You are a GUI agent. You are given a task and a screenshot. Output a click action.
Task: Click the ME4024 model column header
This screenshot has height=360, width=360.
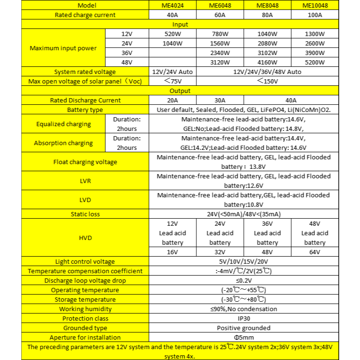click(x=173, y=5)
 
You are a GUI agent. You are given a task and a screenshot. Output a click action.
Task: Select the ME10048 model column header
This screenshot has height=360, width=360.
click(x=315, y=5)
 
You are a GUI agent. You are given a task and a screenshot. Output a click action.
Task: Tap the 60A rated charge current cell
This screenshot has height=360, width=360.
click(x=220, y=15)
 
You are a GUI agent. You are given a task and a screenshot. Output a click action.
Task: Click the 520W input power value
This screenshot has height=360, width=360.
click(x=173, y=34)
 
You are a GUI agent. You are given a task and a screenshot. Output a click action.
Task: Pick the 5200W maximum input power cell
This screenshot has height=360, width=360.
click(x=315, y=63)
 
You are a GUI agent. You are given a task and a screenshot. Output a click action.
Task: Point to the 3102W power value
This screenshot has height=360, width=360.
click(x=268, y=53)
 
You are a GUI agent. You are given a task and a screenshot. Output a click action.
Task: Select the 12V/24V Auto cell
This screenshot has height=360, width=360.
click(x=173, y=72)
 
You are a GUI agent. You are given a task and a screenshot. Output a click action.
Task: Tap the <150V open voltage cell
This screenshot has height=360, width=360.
click(x=268, y=81)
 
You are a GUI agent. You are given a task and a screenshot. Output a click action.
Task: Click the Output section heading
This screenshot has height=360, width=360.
click(x=180, y=91)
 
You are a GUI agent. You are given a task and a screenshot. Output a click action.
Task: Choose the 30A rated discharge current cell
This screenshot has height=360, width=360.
click(x=220, y=100)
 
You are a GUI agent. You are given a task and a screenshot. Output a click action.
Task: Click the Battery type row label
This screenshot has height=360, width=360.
click(x=85, y=110)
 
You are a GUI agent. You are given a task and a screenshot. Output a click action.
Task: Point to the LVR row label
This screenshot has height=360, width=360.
click(x=85, y=181)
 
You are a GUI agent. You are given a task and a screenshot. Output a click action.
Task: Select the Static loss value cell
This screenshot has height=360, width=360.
click(x=244, y=214)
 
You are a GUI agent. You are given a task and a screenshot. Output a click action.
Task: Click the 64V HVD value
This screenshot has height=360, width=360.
click(x=315, y=252)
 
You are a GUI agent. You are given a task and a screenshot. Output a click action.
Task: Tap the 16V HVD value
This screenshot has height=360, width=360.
click(x=173, y=252)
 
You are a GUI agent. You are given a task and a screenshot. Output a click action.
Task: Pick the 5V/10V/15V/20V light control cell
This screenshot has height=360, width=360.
click(x=244, y=261)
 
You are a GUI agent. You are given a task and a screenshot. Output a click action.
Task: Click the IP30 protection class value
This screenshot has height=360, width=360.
click(x=244, y=318)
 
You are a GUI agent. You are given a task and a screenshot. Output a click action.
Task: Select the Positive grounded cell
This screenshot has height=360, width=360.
click(x=244, y=328)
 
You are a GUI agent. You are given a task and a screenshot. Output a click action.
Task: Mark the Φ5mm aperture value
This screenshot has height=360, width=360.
click(x=244, y=337)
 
